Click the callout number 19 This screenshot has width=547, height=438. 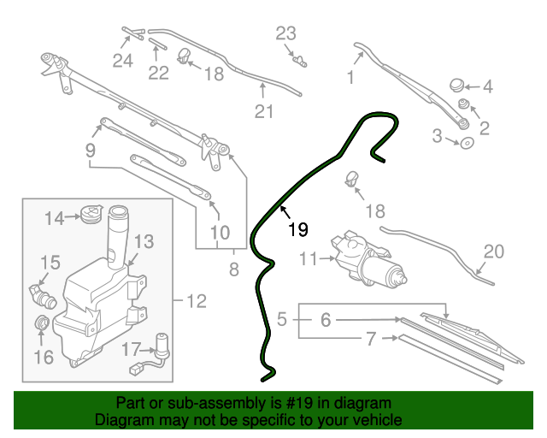pos(297,229)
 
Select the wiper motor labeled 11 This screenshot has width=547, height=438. pos(369,259)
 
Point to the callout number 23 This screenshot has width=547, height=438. pos(285,34)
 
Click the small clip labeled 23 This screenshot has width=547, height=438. pos(299,59)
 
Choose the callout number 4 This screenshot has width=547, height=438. pos(488,86)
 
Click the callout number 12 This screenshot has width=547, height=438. pos(197,301)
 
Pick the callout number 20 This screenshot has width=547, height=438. pos(495,252)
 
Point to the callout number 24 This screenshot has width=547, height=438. pos(123,61)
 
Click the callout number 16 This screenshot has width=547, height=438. pos(42,356)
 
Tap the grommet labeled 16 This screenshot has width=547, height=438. pos(40,324)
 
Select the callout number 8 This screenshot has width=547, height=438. pos(234,272)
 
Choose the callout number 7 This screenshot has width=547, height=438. pos(371,340)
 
